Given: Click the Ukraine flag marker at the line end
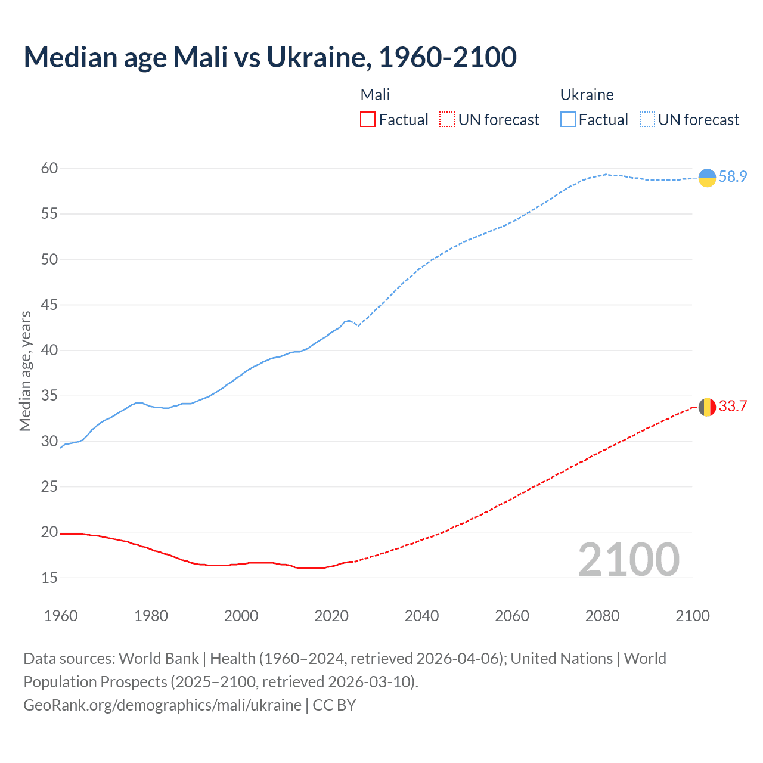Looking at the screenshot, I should pos(707,178).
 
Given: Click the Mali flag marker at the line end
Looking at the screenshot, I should pos(707,407).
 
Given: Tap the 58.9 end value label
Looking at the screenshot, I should pos(733,177).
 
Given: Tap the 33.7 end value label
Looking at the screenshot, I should pos(733,407).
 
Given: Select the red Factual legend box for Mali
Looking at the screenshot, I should pos(368,120).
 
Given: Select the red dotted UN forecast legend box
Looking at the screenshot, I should pos(447,120).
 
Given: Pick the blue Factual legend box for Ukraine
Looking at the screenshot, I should pos(568,120).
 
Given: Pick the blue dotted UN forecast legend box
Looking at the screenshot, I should pos(647,120).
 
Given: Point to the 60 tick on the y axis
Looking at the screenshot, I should pos(49,169).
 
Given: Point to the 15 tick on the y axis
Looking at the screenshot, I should pos(49,578).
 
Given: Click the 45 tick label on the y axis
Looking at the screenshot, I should pos(49,305).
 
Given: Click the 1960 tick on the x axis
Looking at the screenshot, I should pos(61,616).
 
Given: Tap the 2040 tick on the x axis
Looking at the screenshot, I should pos(421,616).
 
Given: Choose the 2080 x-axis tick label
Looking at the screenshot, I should pos(602,616).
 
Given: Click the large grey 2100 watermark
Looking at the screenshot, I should pos(629,560).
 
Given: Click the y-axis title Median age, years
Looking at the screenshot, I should pos(25,371).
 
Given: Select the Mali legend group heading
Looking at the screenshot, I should pos(375,95).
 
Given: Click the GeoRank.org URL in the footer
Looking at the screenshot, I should pos(162,705).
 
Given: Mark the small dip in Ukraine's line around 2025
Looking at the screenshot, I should pos(358,325).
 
